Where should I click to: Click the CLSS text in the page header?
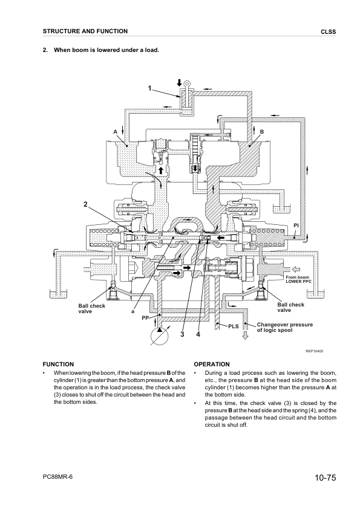coord(328,31)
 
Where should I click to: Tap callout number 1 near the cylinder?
coord(150,89)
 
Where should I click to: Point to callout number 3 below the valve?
coord(181,335)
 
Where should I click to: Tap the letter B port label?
coord(262,131)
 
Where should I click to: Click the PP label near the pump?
coord(145,317)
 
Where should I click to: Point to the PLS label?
coord(234,326)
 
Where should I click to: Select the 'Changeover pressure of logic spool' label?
coord(284,328)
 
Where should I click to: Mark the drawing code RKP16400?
coord(315,351)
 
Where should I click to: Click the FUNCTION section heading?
coord(57,365)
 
